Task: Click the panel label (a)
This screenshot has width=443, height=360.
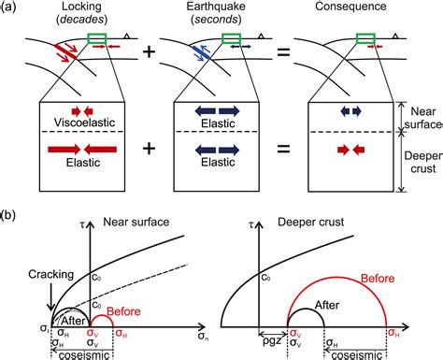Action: [x=11, y=7]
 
